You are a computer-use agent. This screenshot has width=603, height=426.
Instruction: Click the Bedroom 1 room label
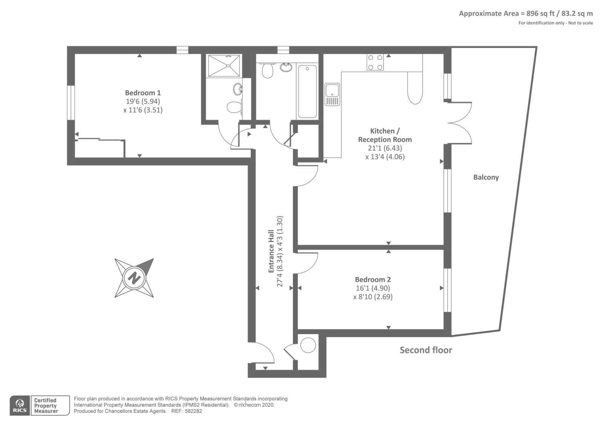tap(143, 93)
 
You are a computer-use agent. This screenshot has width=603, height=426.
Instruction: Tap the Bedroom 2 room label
tap(373, 279)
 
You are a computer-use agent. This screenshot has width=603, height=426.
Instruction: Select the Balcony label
tap(486, 177)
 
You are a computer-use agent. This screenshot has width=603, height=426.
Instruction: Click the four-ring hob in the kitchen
tap(375, 62)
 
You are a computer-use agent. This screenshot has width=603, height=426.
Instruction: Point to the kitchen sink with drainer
tap(332, 94)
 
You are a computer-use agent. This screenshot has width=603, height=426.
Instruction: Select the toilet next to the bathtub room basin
tap(268, 71)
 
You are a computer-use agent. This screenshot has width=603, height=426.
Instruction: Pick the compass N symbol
tap(134, 278)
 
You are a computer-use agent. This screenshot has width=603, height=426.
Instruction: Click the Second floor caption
tap(426, 350)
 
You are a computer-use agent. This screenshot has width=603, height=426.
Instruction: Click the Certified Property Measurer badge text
tap(46, 406)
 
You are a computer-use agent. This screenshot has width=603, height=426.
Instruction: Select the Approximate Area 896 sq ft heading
tap(525, 14)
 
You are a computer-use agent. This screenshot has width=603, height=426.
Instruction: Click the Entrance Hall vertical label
tap(271, 251)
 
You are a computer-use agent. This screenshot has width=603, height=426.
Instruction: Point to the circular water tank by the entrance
tap(308, 345)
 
